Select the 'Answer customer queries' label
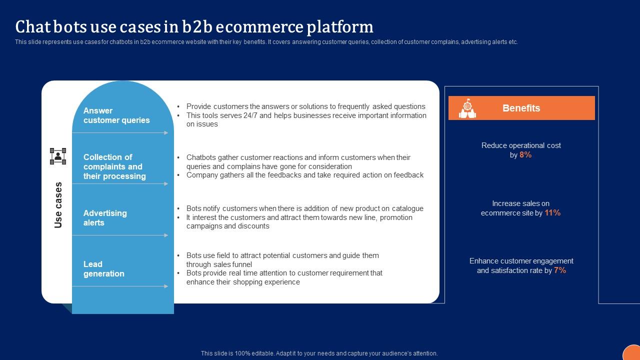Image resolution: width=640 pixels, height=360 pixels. coord(116,115)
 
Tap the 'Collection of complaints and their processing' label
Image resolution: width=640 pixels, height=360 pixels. coord(114,166)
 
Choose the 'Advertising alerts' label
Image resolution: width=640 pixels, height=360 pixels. coord(105,218)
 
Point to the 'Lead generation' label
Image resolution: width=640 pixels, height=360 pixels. coord(103,269)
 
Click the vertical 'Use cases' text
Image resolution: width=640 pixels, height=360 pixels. coord(58,205)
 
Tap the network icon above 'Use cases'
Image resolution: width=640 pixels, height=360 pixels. coord(58,156)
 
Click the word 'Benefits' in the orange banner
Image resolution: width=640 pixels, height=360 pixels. coord(521,108)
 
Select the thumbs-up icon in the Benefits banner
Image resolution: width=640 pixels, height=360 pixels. coord(467,108)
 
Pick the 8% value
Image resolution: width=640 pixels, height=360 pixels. coord(525,155)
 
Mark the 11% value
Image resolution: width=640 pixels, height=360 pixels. coord(552,213)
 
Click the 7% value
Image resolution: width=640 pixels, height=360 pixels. coord(560,270)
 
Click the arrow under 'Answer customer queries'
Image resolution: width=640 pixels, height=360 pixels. coord(120,132)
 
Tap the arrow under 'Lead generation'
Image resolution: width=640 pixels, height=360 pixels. coord(120,286)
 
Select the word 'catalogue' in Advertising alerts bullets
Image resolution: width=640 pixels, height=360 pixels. coord(407,208)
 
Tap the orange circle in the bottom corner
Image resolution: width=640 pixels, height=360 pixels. coord(632,353)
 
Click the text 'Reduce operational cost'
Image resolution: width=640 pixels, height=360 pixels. coord(521,145)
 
